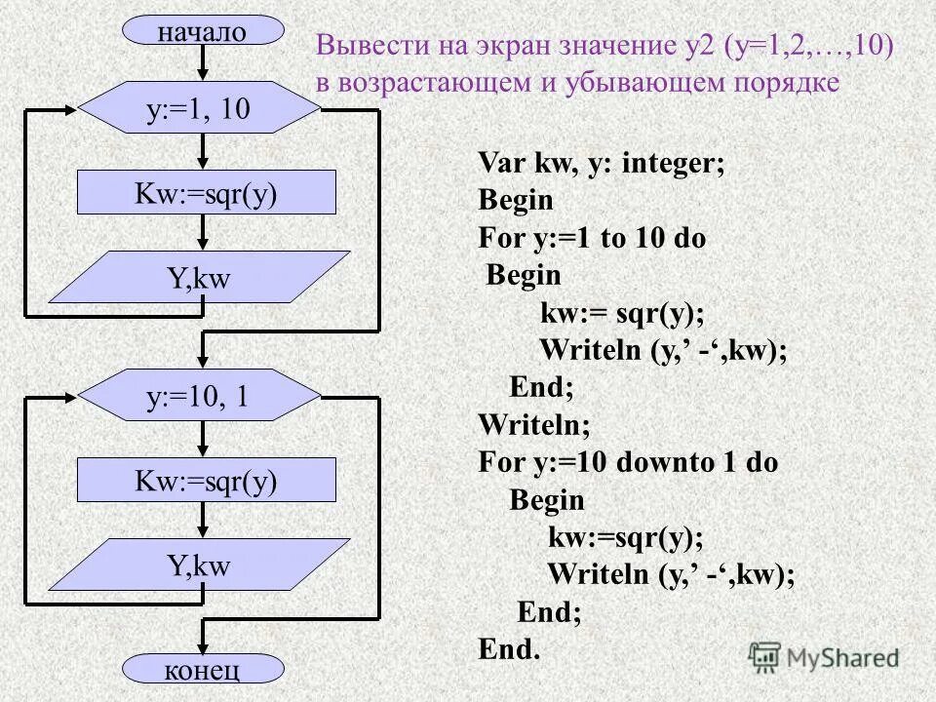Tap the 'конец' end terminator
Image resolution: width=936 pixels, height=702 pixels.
[x=202, y=669]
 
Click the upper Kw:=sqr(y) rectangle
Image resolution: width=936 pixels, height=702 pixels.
[x=206, y=192]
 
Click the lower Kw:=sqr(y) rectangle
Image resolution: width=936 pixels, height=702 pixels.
[x=206, y=480]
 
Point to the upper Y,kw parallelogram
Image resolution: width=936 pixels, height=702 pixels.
[x=199, y=278]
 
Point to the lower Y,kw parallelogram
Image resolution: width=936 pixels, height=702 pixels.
[x=199, y=565]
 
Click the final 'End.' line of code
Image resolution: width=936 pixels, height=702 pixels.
[x=508, y=648]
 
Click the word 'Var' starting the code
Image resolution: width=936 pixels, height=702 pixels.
[x=499, y=163]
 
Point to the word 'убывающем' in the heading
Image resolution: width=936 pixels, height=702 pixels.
[x=638, y=82]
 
